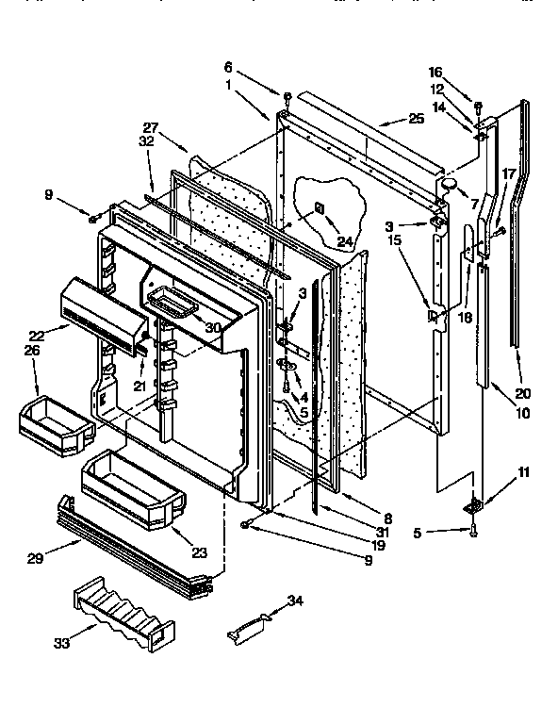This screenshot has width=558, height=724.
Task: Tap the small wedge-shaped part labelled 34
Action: click(248, 628)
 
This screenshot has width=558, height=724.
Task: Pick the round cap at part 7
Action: click(451, 182)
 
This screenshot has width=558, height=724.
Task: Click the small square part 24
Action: click(320, 207)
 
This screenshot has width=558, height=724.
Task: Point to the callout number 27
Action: click(150, 128)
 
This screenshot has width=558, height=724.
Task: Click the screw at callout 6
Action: click(286, 96)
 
